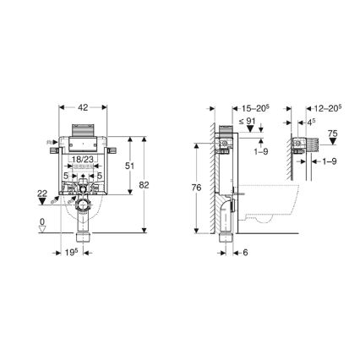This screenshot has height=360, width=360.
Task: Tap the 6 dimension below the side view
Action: point(244,253)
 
